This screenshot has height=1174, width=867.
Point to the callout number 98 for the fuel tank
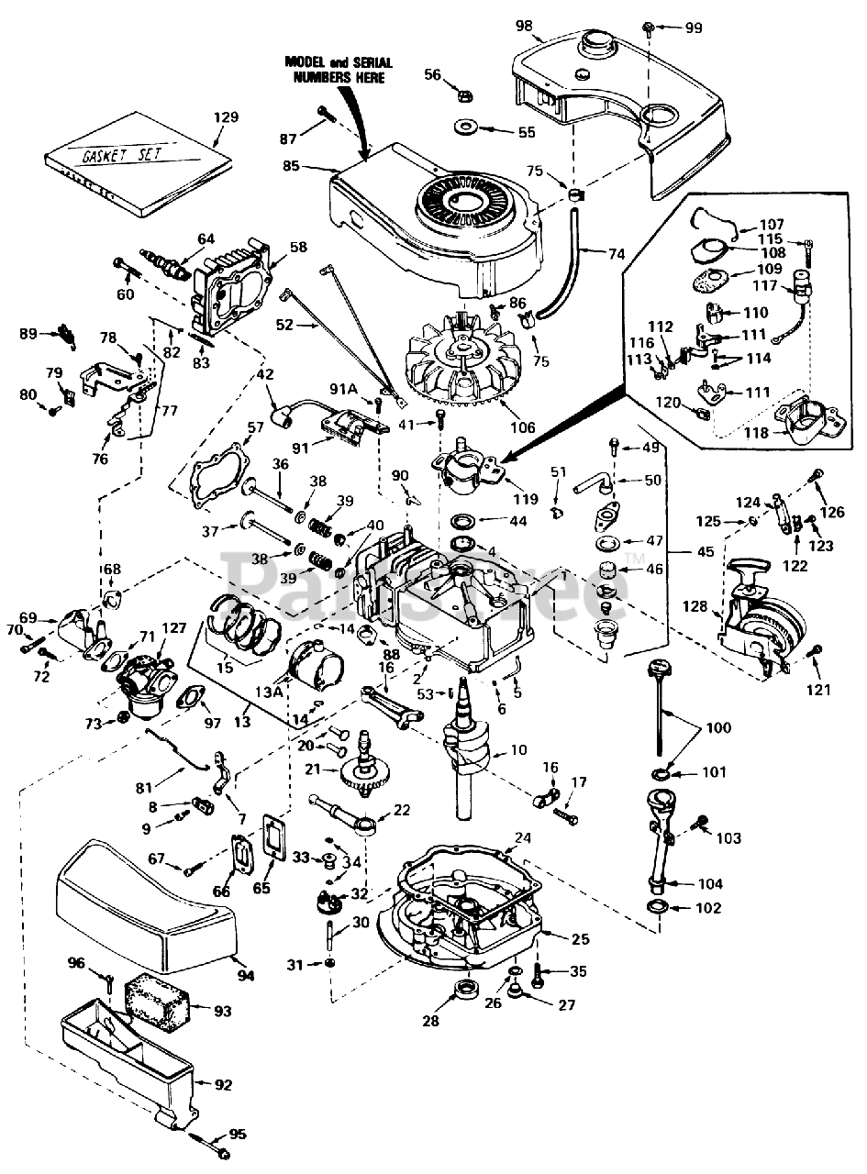(524, 25)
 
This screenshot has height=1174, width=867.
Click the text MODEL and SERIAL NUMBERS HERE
(339, 70)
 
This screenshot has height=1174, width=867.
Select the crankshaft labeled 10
(467, 752)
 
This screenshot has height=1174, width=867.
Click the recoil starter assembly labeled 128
(761, 613)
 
